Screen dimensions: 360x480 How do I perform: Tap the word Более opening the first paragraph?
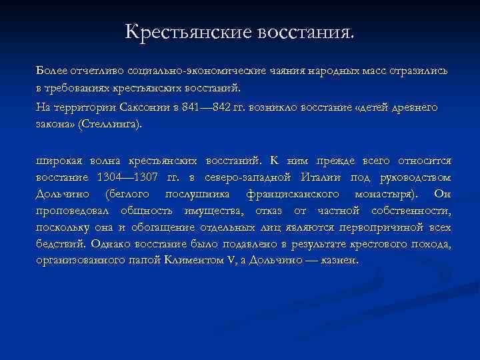pos(51,71)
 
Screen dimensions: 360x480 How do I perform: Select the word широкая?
pos(57,161)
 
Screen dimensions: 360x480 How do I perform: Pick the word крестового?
pos(368,244)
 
